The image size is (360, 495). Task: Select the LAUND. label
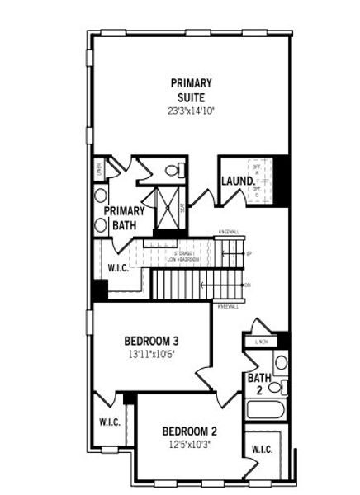235,181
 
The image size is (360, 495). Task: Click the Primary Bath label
124,217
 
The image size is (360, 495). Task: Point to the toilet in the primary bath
174,171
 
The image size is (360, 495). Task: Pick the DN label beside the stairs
248,285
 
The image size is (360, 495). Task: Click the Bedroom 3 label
152,341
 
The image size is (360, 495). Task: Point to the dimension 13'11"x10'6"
152,355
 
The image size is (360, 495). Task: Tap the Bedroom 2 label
189,431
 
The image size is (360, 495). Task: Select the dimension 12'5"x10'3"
189,445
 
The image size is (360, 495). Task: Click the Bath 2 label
256,384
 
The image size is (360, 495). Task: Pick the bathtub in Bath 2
266,409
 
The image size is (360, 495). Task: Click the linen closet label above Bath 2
262,342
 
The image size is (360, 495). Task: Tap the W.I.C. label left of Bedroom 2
110,422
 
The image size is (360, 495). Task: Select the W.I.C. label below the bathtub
263,450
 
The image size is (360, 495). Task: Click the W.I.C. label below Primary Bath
119,267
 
